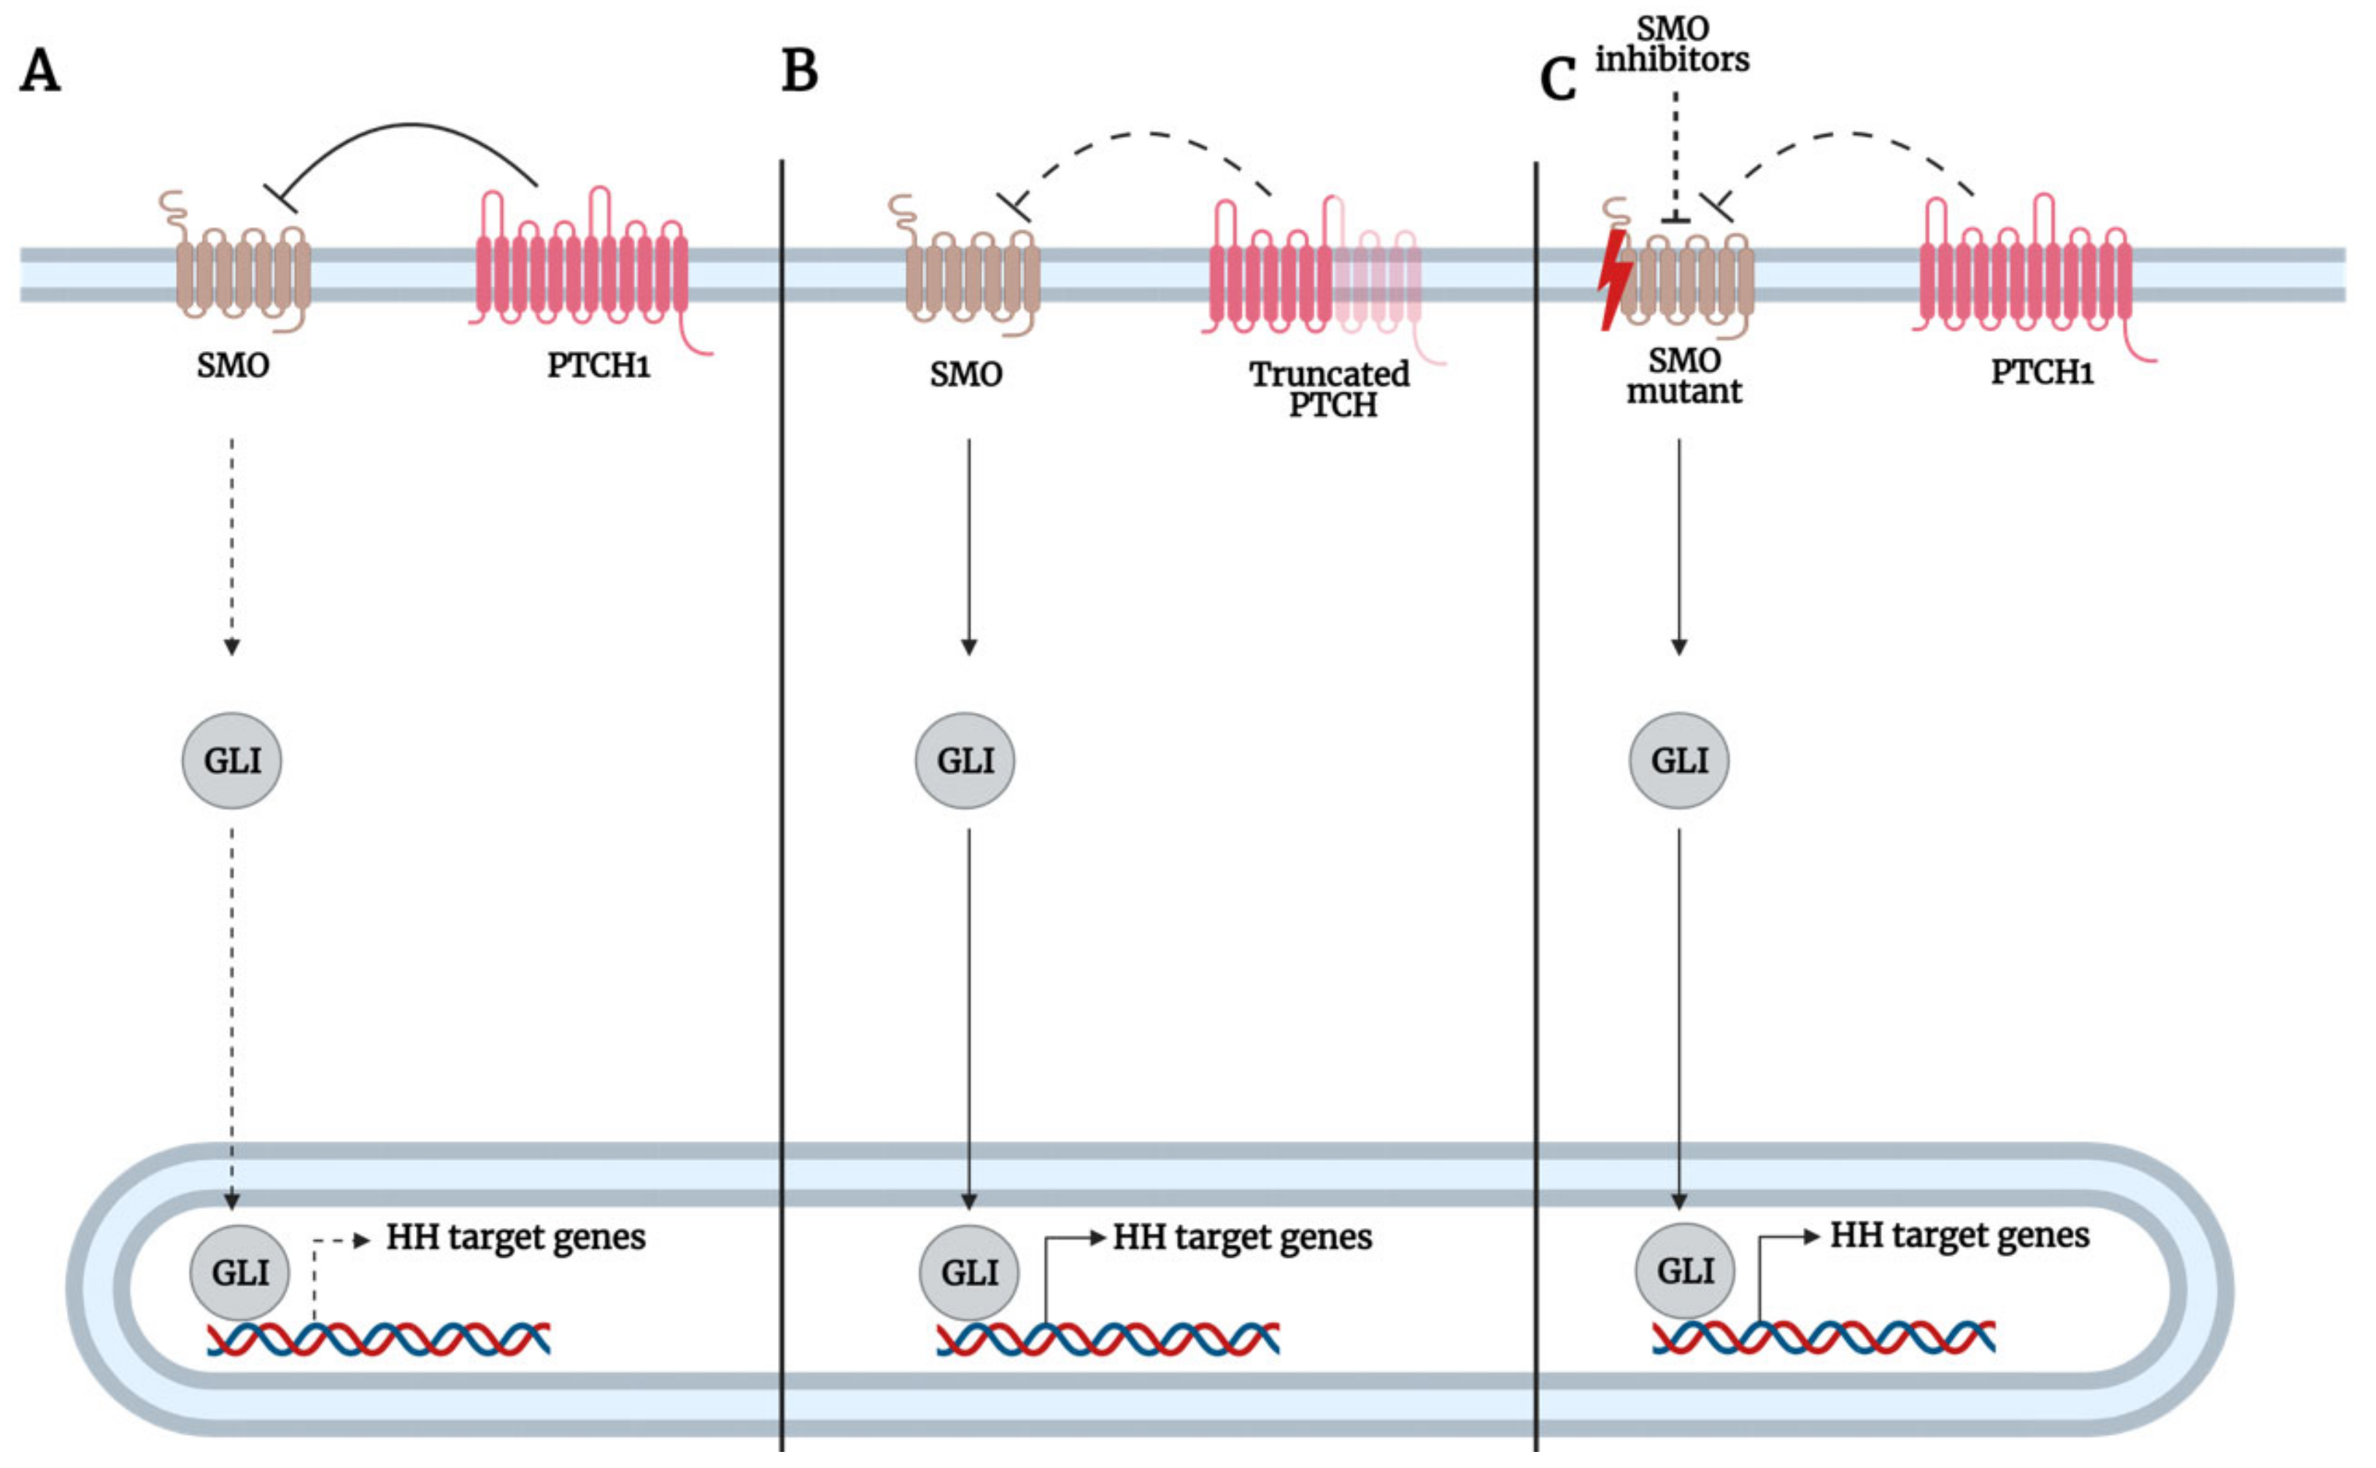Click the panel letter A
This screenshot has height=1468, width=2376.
pos(40,72)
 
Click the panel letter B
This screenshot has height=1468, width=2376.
pos(799,72)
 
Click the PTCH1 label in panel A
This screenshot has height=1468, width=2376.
pos(598,366)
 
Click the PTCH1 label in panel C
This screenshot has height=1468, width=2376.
pos(2041,372)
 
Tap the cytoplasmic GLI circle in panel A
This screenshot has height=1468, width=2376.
pos(232,760)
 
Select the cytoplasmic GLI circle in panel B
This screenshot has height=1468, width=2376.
pos(965,760)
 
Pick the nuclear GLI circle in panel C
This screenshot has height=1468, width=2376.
pos(1685,1270)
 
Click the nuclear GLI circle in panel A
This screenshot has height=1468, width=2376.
pos(239,1272)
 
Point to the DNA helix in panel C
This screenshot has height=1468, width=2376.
pos(1824,1337)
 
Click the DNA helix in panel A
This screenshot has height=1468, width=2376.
pos(379,1339)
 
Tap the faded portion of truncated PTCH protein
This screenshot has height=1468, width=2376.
pos(1377,277)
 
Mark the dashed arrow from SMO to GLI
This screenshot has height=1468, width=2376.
pos(231,544)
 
